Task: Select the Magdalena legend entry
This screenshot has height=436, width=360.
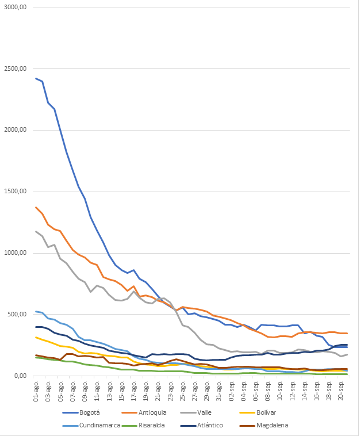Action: (300, 426)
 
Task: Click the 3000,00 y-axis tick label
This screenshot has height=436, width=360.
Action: (16, 7)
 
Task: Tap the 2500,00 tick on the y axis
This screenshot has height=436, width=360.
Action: (16, 69)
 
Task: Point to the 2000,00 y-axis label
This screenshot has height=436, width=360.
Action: (16, 131)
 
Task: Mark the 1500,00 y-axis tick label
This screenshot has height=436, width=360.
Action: (16, 192)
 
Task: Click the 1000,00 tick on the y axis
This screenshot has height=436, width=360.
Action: (16, 253)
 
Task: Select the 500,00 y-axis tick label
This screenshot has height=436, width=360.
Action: (17, 315)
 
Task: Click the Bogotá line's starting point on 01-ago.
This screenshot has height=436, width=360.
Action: (36, 78)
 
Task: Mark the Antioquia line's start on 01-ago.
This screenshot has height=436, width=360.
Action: (36, 207)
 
